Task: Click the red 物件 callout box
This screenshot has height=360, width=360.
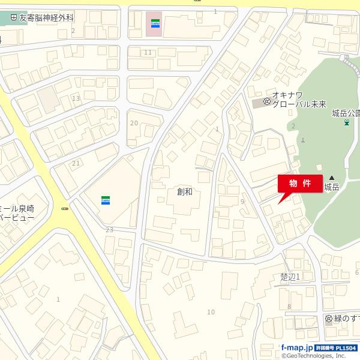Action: point(300,182)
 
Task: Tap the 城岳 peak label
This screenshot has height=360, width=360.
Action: point(332,187)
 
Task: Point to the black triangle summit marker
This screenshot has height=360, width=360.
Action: point(331,178)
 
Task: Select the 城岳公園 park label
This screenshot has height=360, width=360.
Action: point(346,113)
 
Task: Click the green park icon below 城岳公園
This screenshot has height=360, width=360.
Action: point(346,123)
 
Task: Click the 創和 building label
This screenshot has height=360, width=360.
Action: point(184,191)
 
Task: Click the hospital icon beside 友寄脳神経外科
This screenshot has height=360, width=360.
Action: point(14,19)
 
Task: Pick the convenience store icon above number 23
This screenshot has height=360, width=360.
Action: point(105,200)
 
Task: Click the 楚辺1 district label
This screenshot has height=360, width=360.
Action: point(289,276)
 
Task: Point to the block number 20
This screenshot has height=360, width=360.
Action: point(134,123)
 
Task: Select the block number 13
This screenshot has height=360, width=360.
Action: point(76,98)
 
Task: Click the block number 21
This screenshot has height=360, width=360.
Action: point(76,163)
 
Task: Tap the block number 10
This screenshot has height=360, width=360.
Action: point(211,311)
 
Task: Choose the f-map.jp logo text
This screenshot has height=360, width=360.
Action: point(298,347)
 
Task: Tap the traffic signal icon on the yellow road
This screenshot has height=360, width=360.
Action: point(65,209)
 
